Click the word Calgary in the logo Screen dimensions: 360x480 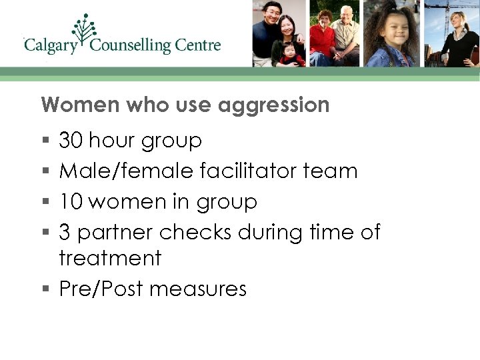50,46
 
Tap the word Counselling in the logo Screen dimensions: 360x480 130,46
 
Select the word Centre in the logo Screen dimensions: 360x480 198,46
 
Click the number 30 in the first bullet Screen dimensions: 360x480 71,141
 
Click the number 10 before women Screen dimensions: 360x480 71,201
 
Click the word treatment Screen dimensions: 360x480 110,258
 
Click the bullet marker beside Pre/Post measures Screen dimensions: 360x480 45,289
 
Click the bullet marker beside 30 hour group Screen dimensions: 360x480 45,141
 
